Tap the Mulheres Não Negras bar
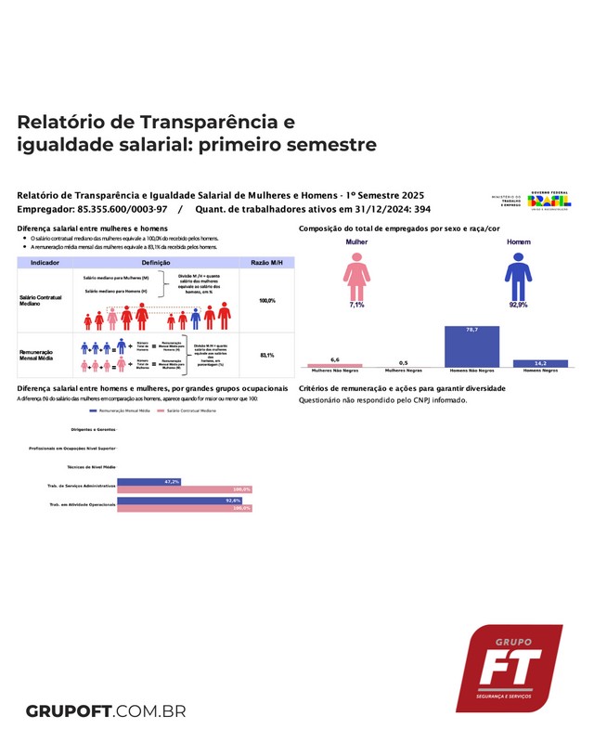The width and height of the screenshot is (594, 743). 335,365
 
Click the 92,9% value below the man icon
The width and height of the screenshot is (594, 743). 518,305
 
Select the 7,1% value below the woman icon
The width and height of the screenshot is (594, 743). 356,305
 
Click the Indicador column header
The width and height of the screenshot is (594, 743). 45,264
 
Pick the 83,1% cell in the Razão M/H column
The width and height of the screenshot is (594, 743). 266,356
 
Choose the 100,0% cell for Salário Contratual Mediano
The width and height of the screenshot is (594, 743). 266,301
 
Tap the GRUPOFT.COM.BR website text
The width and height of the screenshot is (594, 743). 106,711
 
